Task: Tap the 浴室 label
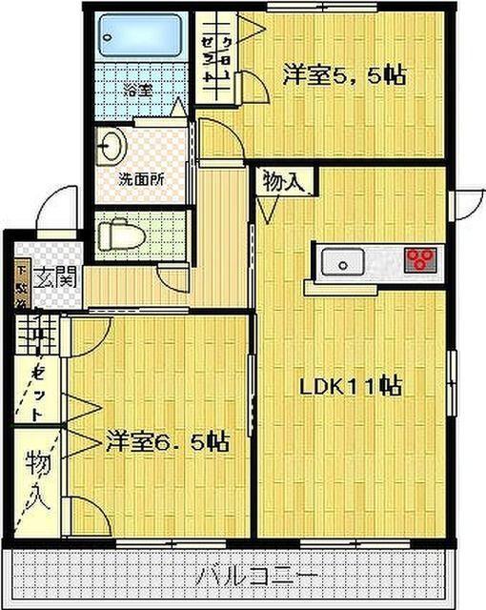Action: click(138, 91)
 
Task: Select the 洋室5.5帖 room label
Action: click(343, 74)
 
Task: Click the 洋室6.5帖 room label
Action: click(167, 441)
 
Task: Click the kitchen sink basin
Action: click(339, 260)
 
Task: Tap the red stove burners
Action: click(419, 259)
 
